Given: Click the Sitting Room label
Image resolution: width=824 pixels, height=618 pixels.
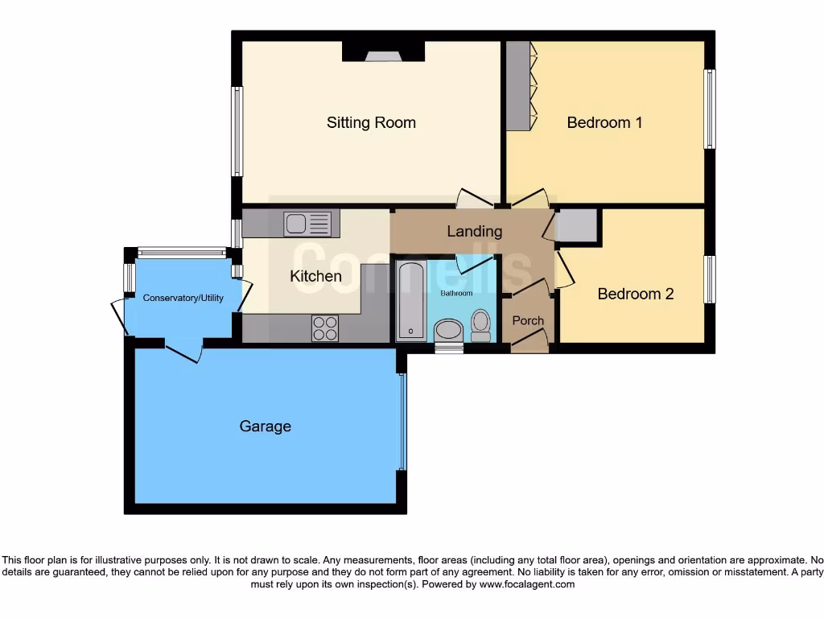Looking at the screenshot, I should click(371, 122).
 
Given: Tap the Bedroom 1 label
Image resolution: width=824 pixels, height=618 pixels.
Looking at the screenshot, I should click(604, 122).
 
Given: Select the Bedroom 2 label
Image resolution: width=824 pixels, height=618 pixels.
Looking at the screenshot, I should click(635, 294).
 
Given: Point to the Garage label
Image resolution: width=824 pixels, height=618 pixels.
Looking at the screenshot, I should click(265, 426).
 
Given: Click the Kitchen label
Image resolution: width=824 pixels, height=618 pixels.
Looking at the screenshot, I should click(315, 276).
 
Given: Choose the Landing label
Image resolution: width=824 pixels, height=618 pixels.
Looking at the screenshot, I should click(474, 231).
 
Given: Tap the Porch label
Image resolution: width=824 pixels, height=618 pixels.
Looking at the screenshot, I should click(528, 320).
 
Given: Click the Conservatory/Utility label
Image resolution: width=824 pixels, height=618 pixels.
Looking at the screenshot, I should click(182, 298).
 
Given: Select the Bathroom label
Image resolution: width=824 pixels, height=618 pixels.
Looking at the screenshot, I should click(456, 293).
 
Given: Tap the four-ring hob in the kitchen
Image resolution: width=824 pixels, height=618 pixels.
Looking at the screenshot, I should click(325, 328).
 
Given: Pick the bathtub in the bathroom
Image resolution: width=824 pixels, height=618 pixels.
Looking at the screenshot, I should click(410, 299).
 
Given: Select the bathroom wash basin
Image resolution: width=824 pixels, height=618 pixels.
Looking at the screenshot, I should click(447, 330).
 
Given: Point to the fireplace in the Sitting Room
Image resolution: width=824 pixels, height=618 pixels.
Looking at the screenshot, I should click(383, 52).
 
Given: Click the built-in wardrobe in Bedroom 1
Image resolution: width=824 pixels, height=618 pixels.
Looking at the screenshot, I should click(517, 85).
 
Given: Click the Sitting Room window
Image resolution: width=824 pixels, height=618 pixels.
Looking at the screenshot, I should click(237, 131).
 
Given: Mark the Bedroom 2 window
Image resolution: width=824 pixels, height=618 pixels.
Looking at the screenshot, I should click(709, 279).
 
